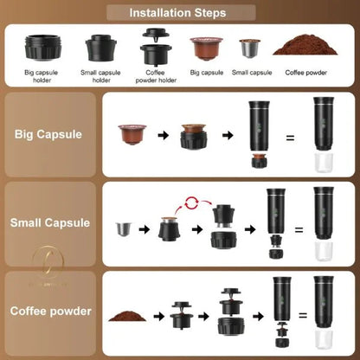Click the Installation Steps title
tap(178, 13)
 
